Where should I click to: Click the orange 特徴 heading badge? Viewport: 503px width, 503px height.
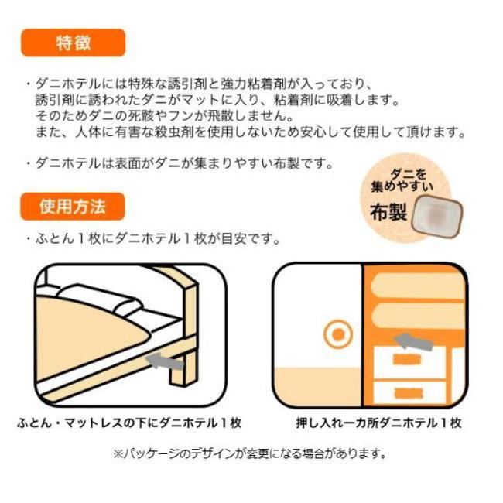[74, 43]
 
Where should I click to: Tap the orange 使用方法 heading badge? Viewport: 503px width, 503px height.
[73, 207]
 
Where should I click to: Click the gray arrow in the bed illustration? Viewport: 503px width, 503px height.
[165, 361]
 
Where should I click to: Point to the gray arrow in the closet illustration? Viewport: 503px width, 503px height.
[413, 341]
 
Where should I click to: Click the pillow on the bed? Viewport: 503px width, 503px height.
[100, 300]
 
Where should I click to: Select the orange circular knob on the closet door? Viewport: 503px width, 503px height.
[338, 334]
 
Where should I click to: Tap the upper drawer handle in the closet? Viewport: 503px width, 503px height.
[407, 360]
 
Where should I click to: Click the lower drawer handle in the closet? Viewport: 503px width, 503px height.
[409, 393]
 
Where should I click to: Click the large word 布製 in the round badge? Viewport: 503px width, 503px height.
[388, 212]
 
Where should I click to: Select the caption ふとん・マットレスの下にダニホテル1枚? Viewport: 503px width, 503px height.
[129, 423]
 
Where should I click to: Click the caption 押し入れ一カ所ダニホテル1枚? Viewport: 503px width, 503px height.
[379, 423]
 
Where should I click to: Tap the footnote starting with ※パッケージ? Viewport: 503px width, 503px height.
[249, 453]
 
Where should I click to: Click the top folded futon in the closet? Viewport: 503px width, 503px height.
[418, 286]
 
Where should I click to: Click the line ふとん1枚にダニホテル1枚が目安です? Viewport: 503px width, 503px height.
[154, 238]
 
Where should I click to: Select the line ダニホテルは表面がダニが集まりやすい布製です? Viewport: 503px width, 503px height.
[180, 163]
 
